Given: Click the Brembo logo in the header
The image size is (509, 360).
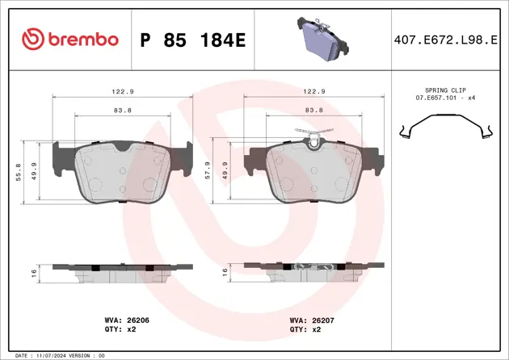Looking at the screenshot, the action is pyautogui.click(x=70, y=40).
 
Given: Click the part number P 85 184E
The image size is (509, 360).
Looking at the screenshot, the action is pyautogui.click(x=193, y=40).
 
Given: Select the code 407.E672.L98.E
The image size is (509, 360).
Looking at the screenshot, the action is pyautogui.click(x=445, y=40).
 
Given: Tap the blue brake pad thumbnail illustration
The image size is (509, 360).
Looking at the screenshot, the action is pyautogui.click(x=322, y=39).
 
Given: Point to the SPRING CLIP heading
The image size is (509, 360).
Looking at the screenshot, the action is pyautogui.click(x=445, y=90).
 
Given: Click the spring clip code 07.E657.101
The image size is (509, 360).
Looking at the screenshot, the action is pyautogui.click(x=436, y=98).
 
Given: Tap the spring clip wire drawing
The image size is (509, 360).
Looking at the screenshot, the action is pyautogui.click(x=446, y=127).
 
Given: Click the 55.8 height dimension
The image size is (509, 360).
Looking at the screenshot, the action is pyautogui.click(x=18, y=172).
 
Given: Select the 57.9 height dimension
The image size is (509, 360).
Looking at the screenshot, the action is pyautogui.click(x=208, y=170).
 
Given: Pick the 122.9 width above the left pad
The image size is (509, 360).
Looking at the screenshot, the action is pyautogui.click(x=123, y=91).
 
